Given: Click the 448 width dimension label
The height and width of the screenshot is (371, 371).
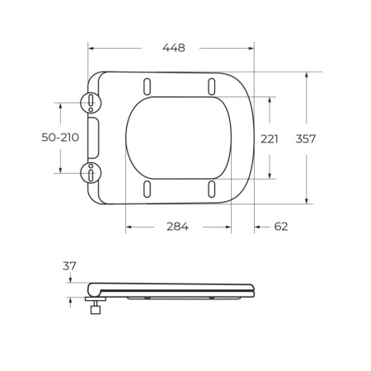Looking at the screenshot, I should tap(173, 48).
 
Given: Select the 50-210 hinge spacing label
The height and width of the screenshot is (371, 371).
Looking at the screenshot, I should tap(59, 138).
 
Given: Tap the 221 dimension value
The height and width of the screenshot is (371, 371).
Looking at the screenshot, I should tap(270, 138).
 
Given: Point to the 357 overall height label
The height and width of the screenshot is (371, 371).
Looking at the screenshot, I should tap(306, 138).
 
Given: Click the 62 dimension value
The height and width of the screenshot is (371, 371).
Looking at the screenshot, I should tap(280, 227).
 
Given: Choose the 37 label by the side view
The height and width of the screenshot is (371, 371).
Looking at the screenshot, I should tap(68, 265).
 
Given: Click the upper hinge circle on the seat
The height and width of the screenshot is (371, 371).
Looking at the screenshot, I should tap(89, 101).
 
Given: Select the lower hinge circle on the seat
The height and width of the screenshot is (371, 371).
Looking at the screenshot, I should tap(89, 171).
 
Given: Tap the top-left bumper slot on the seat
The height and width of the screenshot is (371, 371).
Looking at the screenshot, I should tap(148, 86).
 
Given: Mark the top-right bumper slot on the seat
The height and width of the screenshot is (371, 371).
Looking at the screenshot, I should tap(212, 86).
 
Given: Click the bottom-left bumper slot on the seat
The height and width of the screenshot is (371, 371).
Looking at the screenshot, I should tap(148, 189).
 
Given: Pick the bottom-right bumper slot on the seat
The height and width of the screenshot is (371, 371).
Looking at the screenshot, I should tap(212, 189).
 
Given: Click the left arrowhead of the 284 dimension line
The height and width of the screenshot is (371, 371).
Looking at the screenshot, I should tap(129, 227).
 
